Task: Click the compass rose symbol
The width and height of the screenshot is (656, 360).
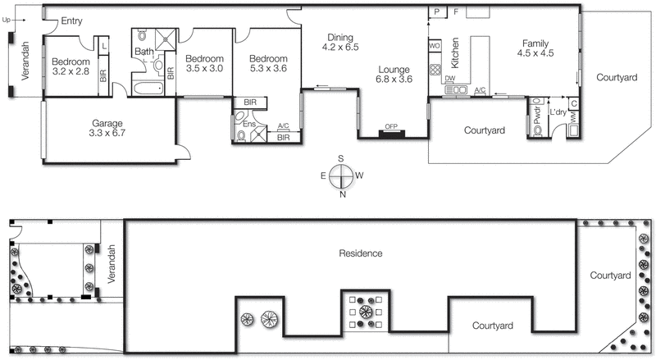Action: point(343,175)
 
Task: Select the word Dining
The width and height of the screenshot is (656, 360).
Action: point(340,37)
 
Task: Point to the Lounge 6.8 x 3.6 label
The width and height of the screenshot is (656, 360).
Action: point(393,74)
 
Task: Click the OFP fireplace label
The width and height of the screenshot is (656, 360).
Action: point(392,126)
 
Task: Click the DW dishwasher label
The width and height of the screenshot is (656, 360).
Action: point(451,78)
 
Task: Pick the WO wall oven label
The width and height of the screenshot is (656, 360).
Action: point(435,45)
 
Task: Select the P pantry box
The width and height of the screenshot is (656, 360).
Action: point(437,11)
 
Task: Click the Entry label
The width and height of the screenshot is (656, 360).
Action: point(71,21)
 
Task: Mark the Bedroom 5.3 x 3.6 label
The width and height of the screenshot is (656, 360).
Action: point(269,64)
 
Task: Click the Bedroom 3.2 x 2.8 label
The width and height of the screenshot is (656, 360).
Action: point(71,66)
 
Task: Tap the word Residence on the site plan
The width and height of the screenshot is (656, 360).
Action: point(361,253)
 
